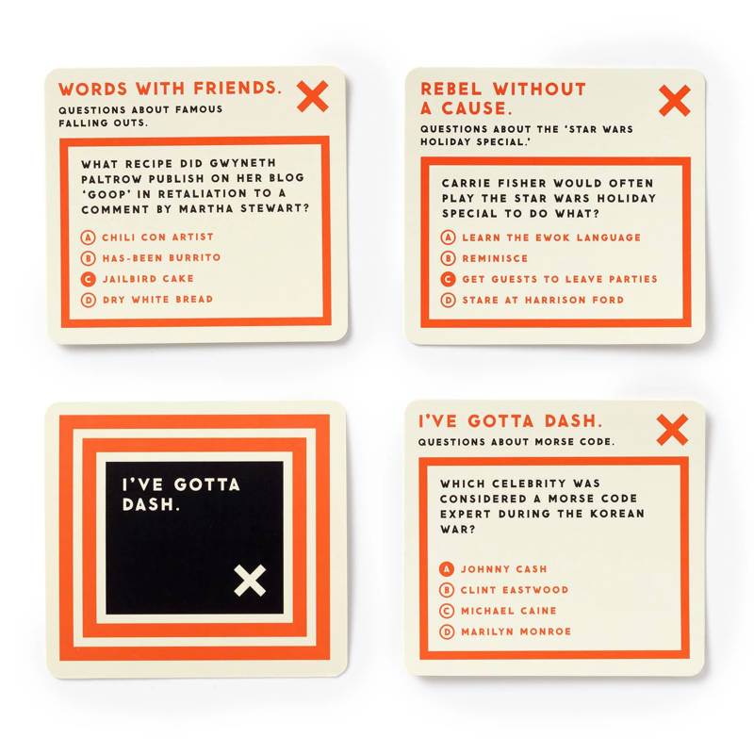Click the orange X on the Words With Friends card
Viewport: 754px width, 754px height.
click(x=313, y=96)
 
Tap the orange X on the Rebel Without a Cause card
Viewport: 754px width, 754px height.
click(x=675, y=101)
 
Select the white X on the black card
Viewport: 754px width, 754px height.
click(x=250, y=581)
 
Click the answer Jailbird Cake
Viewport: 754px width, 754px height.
click(x=148, y=278)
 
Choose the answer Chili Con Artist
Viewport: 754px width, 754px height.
click(x=157, y=237)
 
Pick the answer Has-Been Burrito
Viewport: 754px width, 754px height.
click(x=161, y=257)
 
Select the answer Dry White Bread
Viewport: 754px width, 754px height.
click(x=157, y=299)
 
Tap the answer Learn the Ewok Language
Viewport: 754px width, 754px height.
click(x=551, y=238)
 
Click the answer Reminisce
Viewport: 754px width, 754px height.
click(x=495, y=258)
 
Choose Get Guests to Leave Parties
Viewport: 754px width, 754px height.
click(x=560, y=279)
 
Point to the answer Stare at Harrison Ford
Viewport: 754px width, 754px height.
click(x=543, y=300)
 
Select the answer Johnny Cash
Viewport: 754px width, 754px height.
click(x=504, y=569)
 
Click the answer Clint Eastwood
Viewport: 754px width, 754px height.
click(x=515, y=590)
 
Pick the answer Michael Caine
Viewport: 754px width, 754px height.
click(x=509, y=611)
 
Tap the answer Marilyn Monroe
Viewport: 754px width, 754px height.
click(x=516, y=631)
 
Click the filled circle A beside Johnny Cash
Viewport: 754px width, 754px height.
click(x=447, y=569)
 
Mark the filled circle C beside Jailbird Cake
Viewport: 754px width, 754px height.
click(x=88, y=279)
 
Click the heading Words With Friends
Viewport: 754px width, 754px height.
click(x=170, y=89)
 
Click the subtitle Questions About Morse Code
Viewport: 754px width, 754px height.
click(x=516, y=441)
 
